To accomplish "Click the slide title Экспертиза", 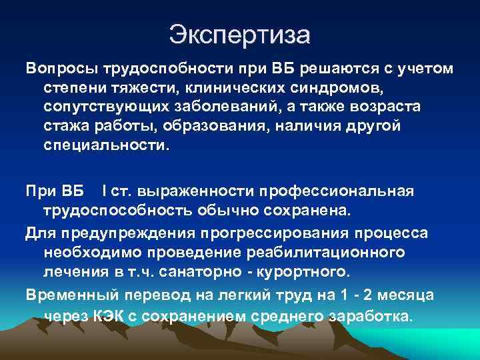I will pyautogui.click(x=239, y=34).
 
